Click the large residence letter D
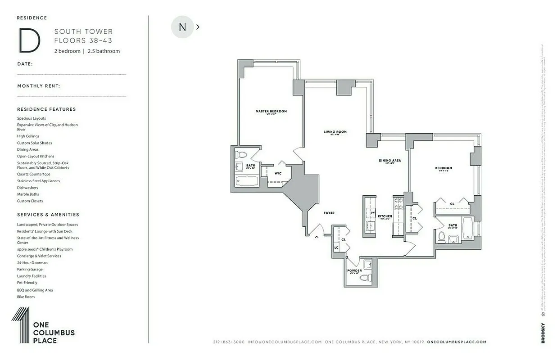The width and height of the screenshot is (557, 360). tap(29, 40)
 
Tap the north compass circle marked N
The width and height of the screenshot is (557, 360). tap(182, 27)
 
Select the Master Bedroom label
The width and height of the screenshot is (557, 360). tap(271, 111)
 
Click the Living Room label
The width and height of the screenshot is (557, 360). tap(335, 132)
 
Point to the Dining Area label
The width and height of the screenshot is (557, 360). tap(389, 160)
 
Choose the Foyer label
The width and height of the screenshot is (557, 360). tap(329, 213)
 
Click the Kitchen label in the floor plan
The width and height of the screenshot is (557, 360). tap(385, 216)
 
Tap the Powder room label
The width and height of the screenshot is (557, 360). tap(354, 270)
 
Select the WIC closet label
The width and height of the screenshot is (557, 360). tap(278, 173)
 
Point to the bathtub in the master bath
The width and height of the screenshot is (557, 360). tap(247, 181)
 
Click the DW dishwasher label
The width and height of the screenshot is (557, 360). tap(373, 212)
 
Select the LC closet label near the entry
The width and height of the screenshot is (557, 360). tap(336, 248)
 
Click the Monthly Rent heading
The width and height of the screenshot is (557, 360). tap(39, 86)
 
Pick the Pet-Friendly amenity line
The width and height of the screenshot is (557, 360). tap(27, 283)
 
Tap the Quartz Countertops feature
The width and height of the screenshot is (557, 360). tap(34, 174)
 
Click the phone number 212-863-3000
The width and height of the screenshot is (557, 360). tap(229, 342)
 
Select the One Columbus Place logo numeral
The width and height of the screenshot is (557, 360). tap(21, 326)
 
